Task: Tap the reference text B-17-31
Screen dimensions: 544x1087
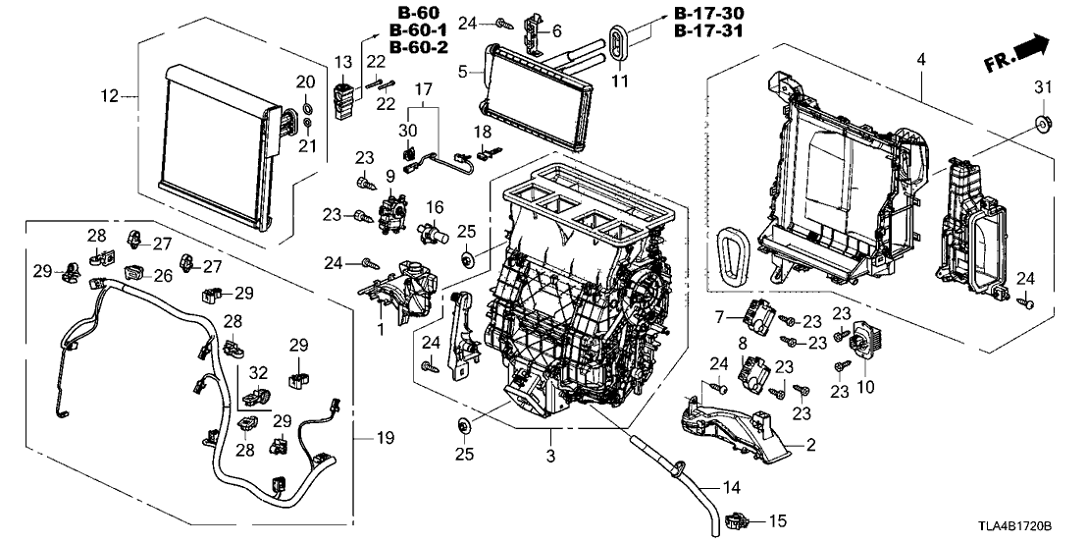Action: (709, 30)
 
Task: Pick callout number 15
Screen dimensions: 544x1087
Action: (778, 519)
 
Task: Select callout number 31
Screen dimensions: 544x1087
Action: (1043, 89)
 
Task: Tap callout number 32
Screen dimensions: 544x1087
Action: (259, 372)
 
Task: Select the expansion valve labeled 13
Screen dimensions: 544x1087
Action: (343, 101)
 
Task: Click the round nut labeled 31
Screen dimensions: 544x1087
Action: (1043, 125)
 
